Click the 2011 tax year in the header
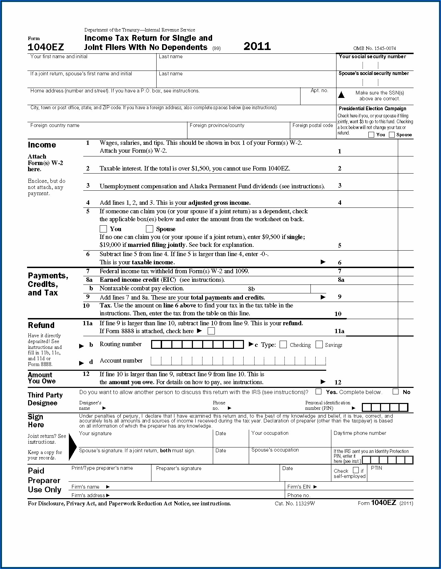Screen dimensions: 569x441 click(x=257, y=46)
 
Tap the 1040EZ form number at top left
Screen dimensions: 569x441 click(x=46, y=47)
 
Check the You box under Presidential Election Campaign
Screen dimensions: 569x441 click(x=371, y=135)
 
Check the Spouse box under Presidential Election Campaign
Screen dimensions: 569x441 click(x=392, y=135)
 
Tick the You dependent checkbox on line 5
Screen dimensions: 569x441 click(x=103, y=229)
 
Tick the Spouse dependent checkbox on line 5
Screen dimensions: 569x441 click(x=149, y=229)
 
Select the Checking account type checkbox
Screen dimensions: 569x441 click(x=283, y=344)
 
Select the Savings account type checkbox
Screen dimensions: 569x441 click(x=319, y=344)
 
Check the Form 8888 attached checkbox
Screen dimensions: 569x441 click(x=211, y=331)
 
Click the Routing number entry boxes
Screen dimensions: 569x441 click(x=197, y=344)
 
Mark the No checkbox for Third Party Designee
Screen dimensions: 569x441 click(x=396, y=392)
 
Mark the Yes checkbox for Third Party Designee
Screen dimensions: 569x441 click(x=319, y=392)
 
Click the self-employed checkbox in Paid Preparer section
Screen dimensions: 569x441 click(x=356, y=470)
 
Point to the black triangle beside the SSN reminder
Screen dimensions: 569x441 click(x=341, y=94)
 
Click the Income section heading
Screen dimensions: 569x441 click(x=42, y=145)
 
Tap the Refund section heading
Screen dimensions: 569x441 click(x=41, y=325)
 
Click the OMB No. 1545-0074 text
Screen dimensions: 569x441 click(x=375, y=48)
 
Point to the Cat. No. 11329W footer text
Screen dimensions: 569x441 click(x=295, y=503)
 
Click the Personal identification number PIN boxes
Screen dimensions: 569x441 click(x=385, y=407)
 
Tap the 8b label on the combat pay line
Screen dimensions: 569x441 click(x=252, y=289)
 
